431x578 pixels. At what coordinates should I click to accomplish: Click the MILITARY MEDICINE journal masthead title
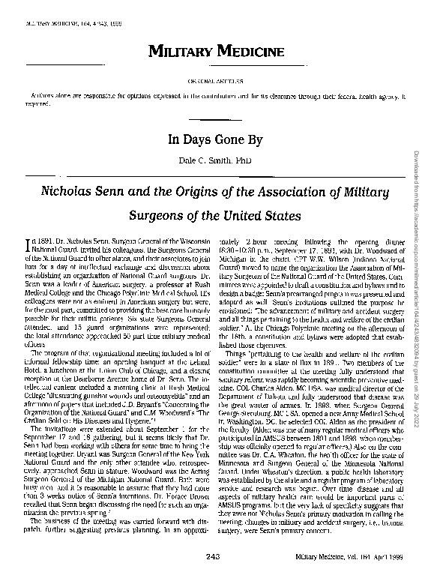[x=215, y=52]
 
